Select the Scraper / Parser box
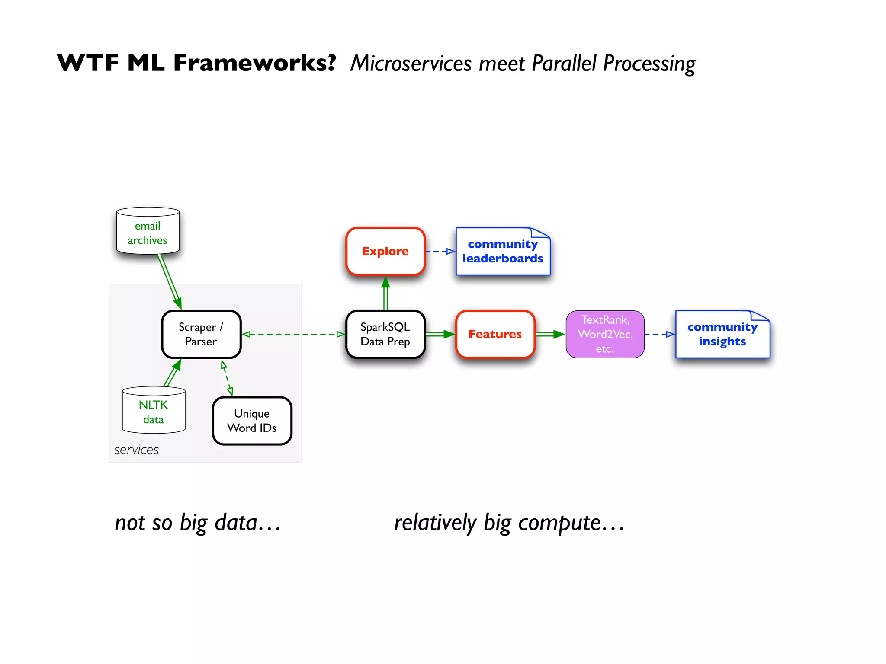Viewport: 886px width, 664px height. click(201, 334)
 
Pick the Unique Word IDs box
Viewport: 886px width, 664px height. click(252, 421)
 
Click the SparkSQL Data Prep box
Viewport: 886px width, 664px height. click(385, 334)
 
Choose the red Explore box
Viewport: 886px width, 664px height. click(385, 251)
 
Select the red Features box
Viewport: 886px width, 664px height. click(495, 334)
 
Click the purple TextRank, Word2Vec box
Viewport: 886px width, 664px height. click(605, 334)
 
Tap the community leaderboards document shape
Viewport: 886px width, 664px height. click(502, 252)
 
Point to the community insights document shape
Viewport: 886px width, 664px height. click(722, 335)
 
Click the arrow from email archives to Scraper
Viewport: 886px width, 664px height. click(169, 281)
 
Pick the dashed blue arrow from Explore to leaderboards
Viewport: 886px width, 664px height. click(440, 251)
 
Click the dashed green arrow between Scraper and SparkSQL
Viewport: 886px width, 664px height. click(293, 334)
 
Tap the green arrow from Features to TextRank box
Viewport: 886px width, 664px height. click(550, 334)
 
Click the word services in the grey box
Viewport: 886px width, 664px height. click(136, 450)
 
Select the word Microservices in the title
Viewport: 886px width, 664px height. click(411, 64)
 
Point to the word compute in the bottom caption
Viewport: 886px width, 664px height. click(559, 523)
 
